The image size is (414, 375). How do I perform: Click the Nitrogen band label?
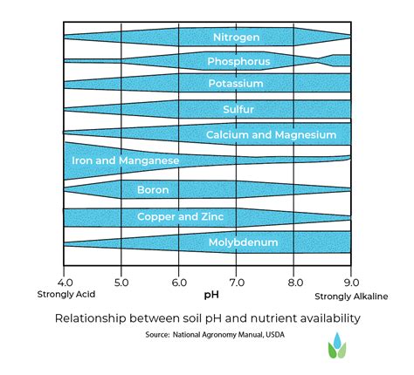pos(236,37)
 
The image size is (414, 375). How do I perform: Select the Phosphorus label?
pos(238,61)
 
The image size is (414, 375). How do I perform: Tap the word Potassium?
pos(235,85)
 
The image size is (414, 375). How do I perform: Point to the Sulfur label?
pos(236,110)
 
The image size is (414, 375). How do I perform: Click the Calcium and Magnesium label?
pos(271,135)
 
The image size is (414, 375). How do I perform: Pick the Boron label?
pos(147,189)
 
